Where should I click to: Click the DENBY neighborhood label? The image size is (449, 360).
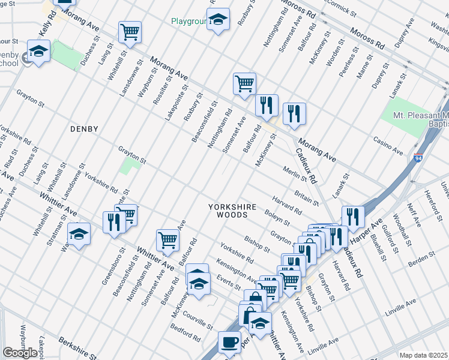click(83, 128)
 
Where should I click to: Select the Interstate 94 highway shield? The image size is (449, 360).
click(418, 158)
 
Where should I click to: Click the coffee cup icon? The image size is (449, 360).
click(229, 342)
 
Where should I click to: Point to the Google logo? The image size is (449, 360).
click(20, 353)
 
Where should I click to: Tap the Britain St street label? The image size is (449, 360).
click(307, 196)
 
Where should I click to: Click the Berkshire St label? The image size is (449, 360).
click(77, 347)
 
